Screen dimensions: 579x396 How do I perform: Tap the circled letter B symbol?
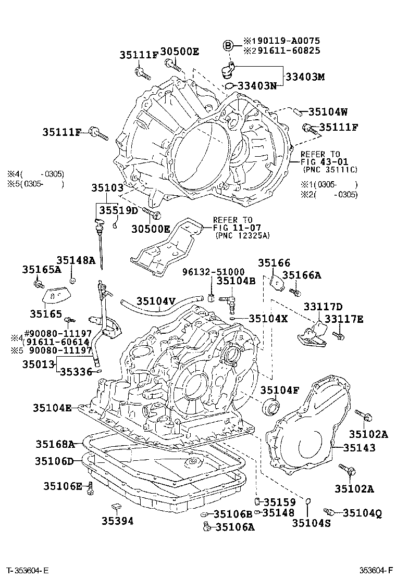coord(228,46)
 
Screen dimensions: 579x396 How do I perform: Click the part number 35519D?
coord(118,210)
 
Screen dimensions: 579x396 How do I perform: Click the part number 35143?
coord(360,447)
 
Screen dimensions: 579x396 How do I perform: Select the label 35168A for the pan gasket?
coord(55,444)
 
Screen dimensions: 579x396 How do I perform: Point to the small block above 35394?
coord(117,506)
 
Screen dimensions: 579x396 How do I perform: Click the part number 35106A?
coord(234,527)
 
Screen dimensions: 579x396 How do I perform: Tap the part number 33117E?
coord(344,319)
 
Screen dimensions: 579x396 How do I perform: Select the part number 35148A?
coord(76,260)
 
